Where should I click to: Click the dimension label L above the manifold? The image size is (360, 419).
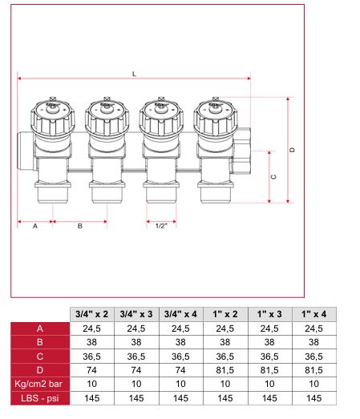[x=134, y=74]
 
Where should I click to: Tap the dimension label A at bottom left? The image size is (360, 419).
[x=35, y=226]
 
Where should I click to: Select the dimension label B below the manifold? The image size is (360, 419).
[x=79, y=226]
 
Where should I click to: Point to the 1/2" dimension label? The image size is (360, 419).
[x=161, y=226]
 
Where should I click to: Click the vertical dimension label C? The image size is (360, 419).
[x=273, y=177]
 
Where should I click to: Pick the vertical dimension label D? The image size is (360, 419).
[x=292, y=150]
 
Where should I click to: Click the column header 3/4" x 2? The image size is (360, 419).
[x=91, y=314]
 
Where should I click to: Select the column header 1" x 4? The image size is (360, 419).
[x=314, y=314]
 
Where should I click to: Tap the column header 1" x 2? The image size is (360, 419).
[x=225, y=314]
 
